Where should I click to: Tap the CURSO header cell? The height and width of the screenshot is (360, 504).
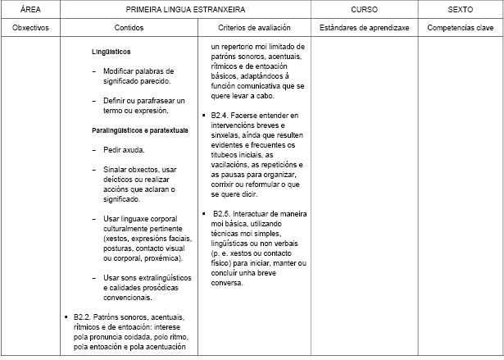tap(364, 10)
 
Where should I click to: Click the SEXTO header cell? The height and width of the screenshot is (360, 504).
tap(460, 10)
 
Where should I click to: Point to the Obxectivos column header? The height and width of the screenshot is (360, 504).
tap(31, 27)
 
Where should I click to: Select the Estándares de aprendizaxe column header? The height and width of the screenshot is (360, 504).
tap(364, 27)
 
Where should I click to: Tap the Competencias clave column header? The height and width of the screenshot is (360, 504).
tap(460, 27)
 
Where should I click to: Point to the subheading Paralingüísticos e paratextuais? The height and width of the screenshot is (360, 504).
tap(140, 130)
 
